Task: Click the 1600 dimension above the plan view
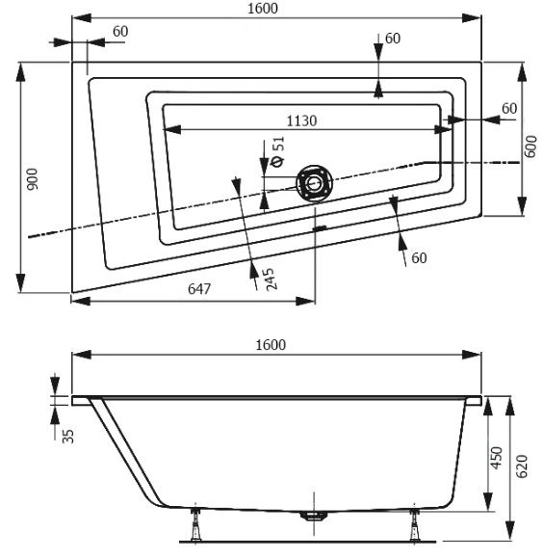[x=263, y=9]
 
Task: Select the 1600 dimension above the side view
[x=271, y=345]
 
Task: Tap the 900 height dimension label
[x=33, y=179]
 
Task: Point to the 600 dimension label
[x=531, y=147]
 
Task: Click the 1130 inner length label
[x=301, y=121]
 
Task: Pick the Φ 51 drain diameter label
[x=278, y=151]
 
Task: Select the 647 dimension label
[x=199, y=289]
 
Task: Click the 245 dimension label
[x=271, y=279]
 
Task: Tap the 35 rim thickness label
[x=67, y=436]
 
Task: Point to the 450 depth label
[x=496, y=458]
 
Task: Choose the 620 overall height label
[x=522, y=467]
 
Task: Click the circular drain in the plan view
[x=314, y=183]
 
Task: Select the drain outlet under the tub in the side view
[x=314, y=516]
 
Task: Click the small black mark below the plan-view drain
[x=320, y=227]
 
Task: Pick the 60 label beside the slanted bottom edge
[x=419, y=258]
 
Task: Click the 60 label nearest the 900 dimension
[x=120, y=32]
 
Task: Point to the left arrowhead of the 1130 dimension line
[x=172, y=130]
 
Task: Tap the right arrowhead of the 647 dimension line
[x=305, y=301]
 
